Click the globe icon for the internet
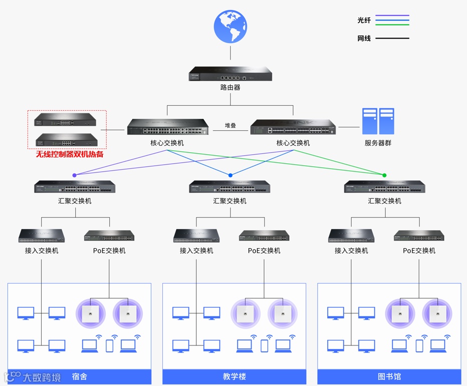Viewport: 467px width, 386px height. (x=230, y=27)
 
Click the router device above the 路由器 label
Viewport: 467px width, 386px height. (x=230, y=74)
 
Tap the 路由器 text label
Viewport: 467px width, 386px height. (x=230, y=87)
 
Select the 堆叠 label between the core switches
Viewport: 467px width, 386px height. (x=230, y=126)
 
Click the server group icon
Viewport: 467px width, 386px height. (x=378, y=121)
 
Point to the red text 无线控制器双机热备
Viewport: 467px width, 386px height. (x=70, y=154)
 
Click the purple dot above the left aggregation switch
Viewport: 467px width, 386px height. (x=75, y=175)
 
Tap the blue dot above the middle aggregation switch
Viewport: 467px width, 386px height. (x=230, y=175)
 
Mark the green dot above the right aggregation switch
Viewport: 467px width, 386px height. (x=384, y=175)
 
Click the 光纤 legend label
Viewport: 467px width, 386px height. (x=364, y=20)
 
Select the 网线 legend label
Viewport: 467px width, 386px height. (x=364, y=38)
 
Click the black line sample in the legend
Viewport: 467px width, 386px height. (x=392, y=38)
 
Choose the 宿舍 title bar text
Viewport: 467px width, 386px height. (x=80, y=376)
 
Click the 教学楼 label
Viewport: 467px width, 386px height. (x=235, y=376)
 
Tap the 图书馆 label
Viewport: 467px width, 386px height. (x=389, y=376)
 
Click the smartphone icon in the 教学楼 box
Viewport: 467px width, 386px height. (x=265, y=345)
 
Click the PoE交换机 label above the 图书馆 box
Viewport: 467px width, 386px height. (x=419, y=251)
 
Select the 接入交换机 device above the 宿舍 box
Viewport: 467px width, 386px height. (x=42, y=235)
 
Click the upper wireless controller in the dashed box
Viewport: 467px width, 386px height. (x=66, y=120)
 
